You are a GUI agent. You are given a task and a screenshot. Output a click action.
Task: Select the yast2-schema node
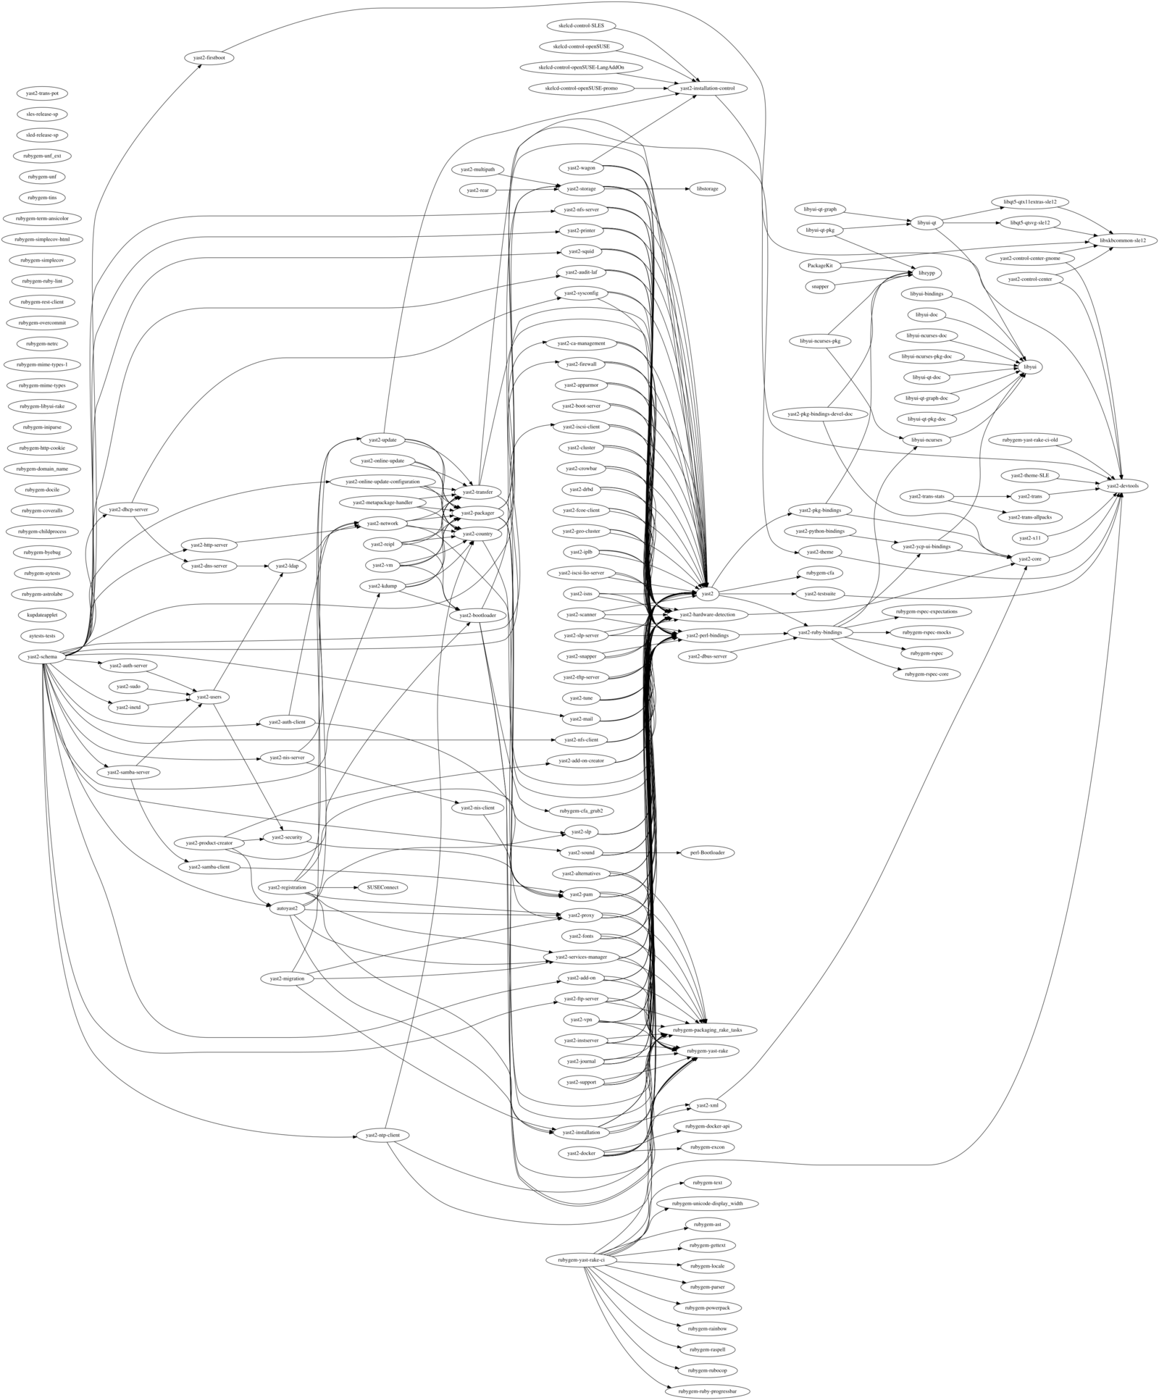[42, 656]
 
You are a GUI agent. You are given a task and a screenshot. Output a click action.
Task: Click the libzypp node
[926, 273]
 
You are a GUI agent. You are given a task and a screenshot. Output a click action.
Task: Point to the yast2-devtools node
[1122, 486]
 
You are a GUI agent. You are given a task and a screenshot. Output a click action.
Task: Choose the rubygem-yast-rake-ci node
[586, 1260]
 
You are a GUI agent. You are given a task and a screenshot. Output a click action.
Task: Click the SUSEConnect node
[377, 886]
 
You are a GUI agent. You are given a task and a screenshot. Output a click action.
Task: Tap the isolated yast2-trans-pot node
[42, 93]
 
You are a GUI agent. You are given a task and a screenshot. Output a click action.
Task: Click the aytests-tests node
[42, 635]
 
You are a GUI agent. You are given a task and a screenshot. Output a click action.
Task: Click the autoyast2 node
[288, 908]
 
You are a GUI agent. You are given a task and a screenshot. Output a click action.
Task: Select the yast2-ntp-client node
[378, 1135]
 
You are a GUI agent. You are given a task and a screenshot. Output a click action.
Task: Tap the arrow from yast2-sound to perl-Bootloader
[645, 852]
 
